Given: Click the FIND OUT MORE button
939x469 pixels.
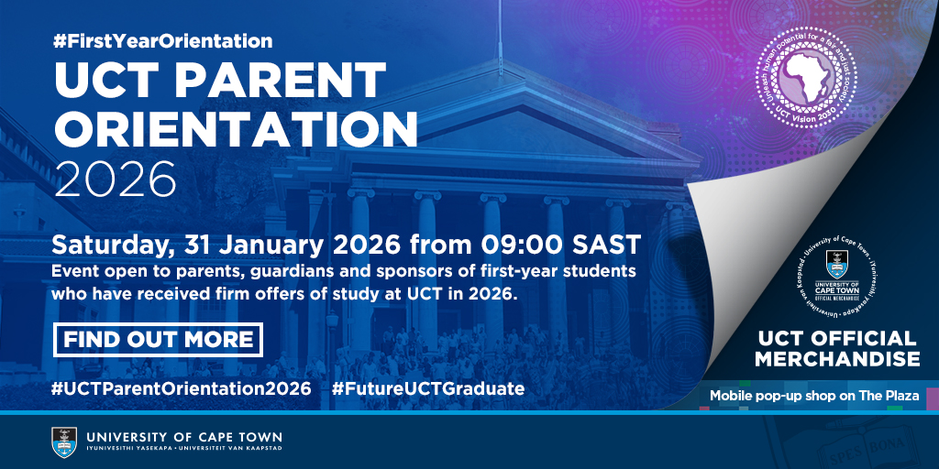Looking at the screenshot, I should pos(159,339).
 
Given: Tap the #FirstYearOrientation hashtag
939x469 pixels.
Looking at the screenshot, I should pos(162,41).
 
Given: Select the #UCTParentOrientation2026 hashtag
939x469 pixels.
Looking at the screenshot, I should pos(182,388).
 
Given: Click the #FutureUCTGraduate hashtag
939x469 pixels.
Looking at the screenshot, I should pos(428,388).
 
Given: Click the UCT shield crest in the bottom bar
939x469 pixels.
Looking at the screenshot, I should pos(64,442).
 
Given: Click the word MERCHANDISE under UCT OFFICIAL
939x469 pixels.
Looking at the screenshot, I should pos(838,358).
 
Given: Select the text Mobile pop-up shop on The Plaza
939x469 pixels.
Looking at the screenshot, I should pos(814,395).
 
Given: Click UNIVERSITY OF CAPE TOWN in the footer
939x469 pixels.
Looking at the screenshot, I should pos(184,437).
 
